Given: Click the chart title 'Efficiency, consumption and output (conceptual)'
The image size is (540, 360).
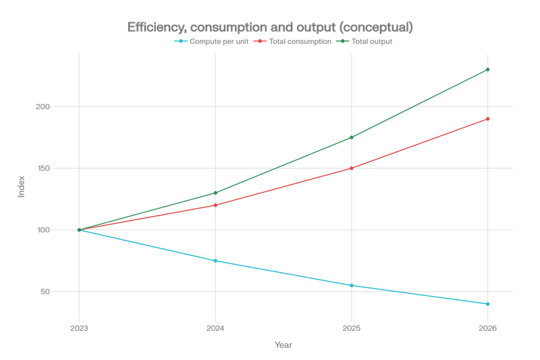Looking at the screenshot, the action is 270,27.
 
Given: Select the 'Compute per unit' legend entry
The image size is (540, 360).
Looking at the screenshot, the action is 211,41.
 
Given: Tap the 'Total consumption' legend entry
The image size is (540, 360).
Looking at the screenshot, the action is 292,41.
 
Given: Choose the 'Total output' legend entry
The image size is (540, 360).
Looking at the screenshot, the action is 364,41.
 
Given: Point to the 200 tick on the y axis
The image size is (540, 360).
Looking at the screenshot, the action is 43,107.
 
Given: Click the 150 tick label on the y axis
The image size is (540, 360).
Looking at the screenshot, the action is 43,168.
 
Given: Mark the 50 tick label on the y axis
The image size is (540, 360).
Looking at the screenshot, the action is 45,292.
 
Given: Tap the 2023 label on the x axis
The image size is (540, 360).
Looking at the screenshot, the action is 79,328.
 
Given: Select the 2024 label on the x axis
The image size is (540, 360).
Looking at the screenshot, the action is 215,328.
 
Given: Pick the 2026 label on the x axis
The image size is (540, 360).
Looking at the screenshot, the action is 487,328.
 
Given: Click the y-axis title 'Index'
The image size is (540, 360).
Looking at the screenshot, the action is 22,186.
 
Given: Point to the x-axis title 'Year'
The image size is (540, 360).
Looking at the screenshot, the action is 283,345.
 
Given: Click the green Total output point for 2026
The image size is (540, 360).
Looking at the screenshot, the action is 487,70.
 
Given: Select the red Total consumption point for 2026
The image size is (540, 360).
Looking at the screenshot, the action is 487,119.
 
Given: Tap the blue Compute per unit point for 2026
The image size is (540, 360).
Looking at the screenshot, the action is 487,304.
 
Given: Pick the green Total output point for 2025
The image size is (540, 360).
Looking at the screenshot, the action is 352,138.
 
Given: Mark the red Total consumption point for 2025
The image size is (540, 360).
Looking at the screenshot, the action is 352,168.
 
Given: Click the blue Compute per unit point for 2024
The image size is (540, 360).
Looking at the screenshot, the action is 215,261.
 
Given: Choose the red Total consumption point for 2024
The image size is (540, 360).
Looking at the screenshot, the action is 215,205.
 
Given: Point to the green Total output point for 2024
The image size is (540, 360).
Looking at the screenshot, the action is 215,193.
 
